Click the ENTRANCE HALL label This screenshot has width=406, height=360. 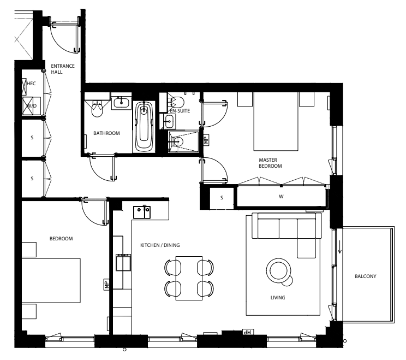(63, 69)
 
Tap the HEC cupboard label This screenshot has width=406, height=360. (31, 84)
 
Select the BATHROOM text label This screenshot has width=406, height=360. (106, 133)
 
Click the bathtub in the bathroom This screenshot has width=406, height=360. (144, 127)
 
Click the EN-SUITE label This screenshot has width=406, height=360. (180, 111)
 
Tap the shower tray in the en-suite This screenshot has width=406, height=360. (183, 142)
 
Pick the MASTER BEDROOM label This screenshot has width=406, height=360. (270, 163)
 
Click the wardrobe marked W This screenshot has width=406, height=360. (281, 197)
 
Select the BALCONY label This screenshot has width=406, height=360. (366, 276)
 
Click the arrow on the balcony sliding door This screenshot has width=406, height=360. (340, 248)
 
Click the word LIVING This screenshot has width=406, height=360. (278, 298)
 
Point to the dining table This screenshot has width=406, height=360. (189, 278)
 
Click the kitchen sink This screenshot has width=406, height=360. (142, 212)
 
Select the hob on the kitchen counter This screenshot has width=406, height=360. (123, 262)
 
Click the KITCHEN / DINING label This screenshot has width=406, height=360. (160, 245)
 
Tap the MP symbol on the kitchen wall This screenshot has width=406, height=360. (106, 285)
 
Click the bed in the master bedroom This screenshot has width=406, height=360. (276, 121)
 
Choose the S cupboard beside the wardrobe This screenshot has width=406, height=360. (222, 198)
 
